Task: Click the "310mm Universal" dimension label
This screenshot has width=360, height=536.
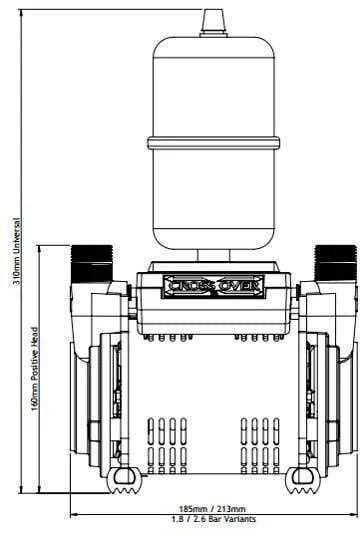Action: click(16, 252)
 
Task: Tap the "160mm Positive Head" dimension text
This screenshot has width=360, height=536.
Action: click(35, 370)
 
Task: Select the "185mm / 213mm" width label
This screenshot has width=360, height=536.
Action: click(213, 509)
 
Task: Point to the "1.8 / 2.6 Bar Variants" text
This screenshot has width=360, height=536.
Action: click(214, 519)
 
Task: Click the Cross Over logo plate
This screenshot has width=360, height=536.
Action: click(213, 286)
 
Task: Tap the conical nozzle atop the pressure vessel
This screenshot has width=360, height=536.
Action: click(213, 23)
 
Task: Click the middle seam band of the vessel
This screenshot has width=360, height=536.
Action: click(214, 143)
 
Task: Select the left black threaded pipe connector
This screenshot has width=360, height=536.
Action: click(92, 263)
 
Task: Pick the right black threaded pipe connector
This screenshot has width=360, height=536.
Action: click(336, 263)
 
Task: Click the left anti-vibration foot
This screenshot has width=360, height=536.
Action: click(125, 480)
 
